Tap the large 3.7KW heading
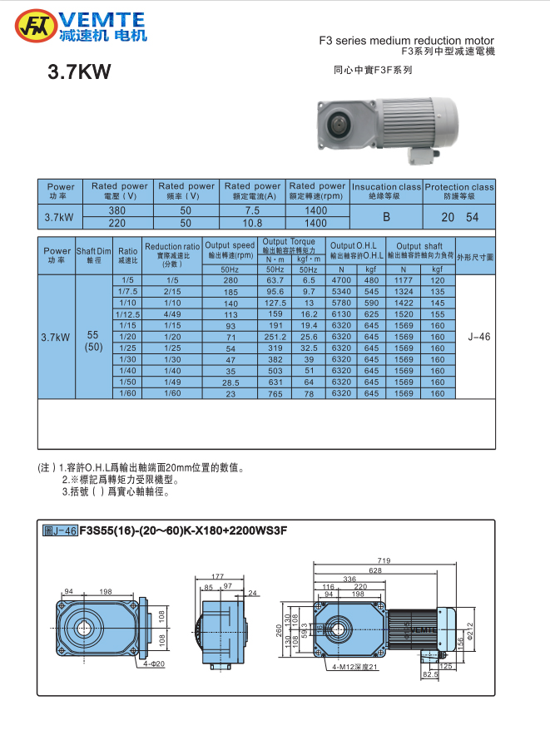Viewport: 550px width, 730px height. (x=80, y=73)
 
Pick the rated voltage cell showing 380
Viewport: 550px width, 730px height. (x=119, y=211)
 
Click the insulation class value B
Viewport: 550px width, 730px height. (x=386, y=217)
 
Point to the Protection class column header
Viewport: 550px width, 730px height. (x=458, y=191)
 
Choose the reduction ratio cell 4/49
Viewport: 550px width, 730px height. (x=172, y=315)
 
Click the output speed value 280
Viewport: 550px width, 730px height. (x=230, y=281)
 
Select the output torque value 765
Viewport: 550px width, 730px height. (x=275, y=394)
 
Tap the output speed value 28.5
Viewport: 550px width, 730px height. (x=230, y=382)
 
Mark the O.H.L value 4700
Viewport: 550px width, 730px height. (x=341, y=281)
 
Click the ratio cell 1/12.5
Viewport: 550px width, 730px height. (x=127, y=315)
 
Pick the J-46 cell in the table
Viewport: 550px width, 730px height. (x=479, y=338)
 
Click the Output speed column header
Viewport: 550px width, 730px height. (x=230, y=249)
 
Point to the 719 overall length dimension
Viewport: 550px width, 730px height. (x=384, y=562)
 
